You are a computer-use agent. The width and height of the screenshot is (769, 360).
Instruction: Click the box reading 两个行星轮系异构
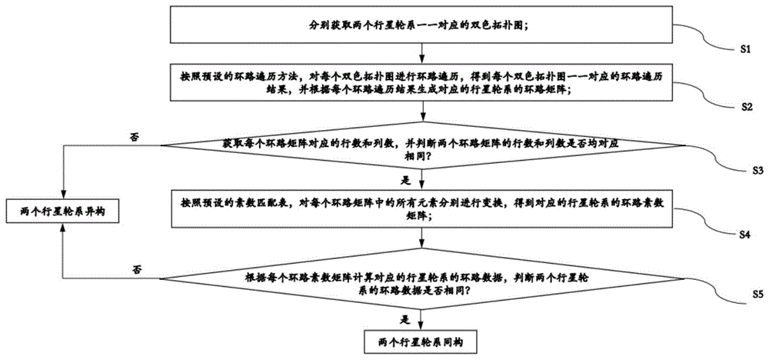62,211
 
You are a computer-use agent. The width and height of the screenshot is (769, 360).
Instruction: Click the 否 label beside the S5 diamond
137,268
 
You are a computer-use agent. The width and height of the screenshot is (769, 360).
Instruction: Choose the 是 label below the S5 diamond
405,315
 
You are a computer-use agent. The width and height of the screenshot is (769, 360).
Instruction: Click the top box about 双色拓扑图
421,26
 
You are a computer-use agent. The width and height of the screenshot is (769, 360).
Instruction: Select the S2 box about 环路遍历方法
421,83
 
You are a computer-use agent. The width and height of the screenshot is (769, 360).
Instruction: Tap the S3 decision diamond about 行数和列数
421,149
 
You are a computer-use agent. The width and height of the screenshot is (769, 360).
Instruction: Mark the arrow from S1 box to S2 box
421,52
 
